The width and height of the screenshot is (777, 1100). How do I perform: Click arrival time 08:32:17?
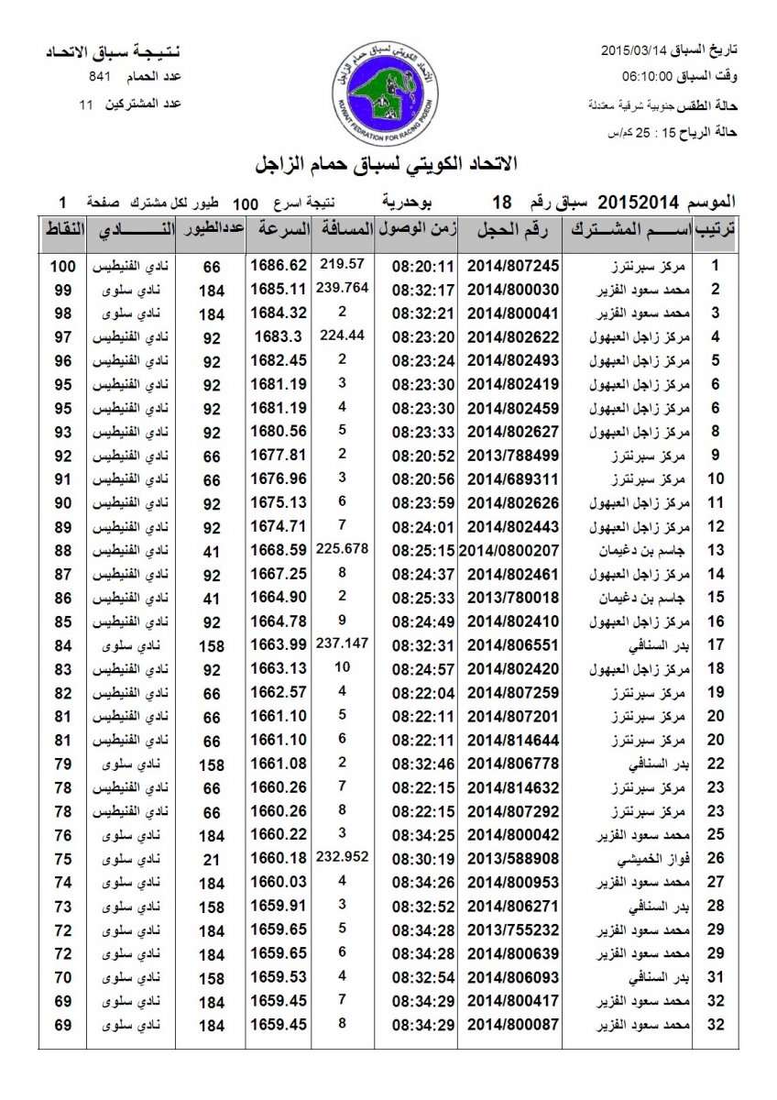click(424, 290)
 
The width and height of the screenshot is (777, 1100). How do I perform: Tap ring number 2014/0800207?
click(510, 550)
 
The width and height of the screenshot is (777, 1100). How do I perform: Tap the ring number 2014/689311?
click(513, 478)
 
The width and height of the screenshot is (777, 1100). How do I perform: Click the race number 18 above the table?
click(501, 202)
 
